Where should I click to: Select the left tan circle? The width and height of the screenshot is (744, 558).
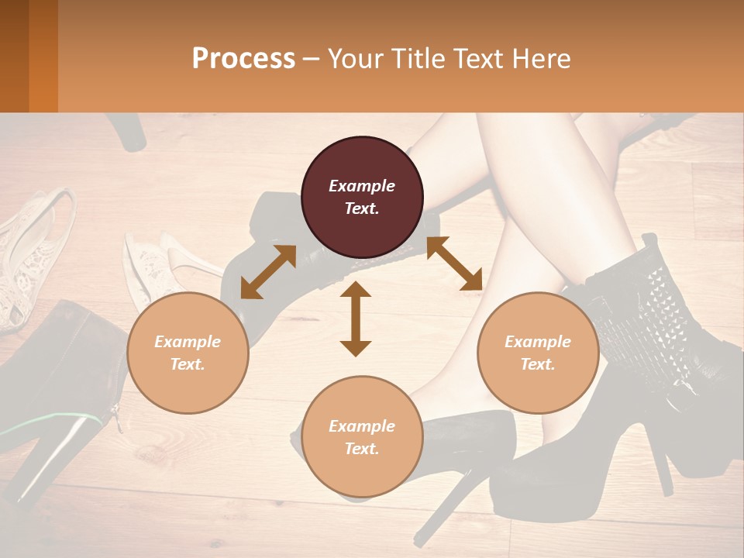click(x=188, y=353)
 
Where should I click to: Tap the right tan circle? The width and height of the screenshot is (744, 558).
click(x=538, y=353)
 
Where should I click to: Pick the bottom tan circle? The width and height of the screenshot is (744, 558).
click(x=362, y=437)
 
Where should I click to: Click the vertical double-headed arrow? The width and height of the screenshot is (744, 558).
click(x=356, y=319)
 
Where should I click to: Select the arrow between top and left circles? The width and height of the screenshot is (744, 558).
click(x=268, y=272)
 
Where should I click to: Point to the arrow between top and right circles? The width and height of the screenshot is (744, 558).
click(x=454, y=263)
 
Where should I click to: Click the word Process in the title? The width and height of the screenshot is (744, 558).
click(x=243, y=58)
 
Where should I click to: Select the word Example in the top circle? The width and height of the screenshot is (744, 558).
click(x=362, y=186)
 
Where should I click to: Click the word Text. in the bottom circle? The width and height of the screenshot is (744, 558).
click(x=362, y=449)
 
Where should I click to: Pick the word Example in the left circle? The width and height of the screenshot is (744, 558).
click(x=188, y=342)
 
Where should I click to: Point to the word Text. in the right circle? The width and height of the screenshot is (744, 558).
click(x=538, y=364)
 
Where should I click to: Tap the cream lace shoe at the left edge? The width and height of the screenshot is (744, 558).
click(x=31, y=256)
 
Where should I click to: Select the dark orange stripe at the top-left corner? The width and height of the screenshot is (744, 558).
click(x=43, y=56)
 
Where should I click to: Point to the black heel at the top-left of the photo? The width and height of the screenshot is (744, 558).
click(x=128, y=132)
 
